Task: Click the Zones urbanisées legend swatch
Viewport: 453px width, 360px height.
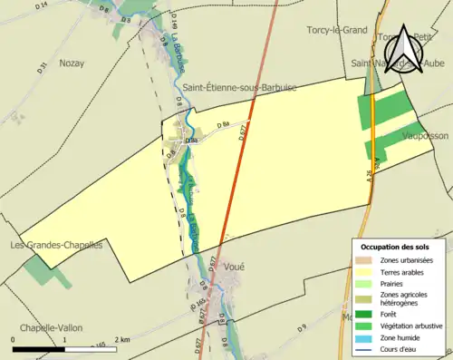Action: (x=367, y=260)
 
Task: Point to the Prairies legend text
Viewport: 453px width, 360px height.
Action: (x=397, y=282)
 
